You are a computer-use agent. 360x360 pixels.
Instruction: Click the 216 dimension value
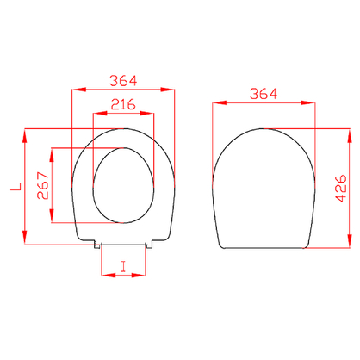click(123, 104)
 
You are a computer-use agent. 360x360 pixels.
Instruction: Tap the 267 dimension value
click(43, 185)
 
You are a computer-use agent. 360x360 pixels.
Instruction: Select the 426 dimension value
click(341, 188)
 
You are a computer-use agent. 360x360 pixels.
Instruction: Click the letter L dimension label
click(16, 187)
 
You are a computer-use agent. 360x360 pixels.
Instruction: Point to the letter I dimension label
click(123, 266)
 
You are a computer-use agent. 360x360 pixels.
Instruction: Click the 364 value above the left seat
click(123, 81)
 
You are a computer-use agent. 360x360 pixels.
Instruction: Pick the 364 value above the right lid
click(264, 94)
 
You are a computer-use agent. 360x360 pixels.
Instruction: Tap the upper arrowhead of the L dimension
click(25, 136)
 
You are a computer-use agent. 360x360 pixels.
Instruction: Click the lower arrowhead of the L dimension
click(25, 237)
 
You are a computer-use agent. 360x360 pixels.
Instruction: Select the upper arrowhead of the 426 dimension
click(350, 136)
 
